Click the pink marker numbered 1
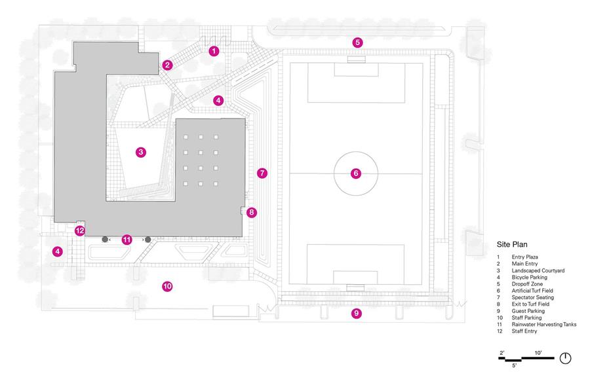pos(214,50)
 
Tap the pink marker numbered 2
pos(167,65)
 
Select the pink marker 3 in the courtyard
pos(141,152)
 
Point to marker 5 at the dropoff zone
pos(357,43)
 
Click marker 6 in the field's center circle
pos(356,173)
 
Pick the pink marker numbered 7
pos(262,173)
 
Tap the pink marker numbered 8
pos(252,213)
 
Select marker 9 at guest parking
pos(357,313)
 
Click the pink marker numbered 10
pos(167,286)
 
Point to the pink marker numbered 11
pos(127,240)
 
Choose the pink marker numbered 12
pos(79,230)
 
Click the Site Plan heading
pos(512,244)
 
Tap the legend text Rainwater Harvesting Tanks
pos(543,324)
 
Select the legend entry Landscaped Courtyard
pos(538,270)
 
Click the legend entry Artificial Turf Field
pos(532,291)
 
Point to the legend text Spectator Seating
pos(532,297)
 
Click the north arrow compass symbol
pos(565,358)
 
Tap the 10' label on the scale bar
pos(538,353)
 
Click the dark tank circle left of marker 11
pos(105,240)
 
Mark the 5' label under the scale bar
pos(513,365)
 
